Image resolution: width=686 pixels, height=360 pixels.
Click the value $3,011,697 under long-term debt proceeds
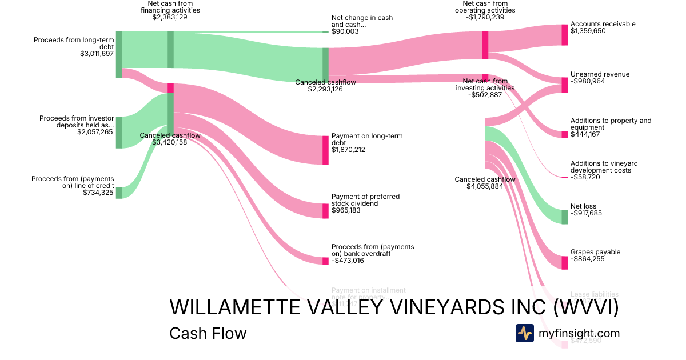tap(97, 54)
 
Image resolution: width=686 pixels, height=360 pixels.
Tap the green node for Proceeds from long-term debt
tap(119, 54)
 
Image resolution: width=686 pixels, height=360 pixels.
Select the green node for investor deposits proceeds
tap(119, 132)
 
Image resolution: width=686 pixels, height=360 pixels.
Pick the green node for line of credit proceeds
tap(119, 193)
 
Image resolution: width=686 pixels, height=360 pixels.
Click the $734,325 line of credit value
tap(97, 193)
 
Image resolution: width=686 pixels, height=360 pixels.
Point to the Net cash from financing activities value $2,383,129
tap(170, 17)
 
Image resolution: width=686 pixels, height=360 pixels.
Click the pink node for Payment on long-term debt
tap(325, 150)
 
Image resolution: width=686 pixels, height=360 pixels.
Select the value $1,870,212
tap(348, 150)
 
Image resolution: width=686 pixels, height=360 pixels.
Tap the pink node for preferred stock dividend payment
tap(325, 210)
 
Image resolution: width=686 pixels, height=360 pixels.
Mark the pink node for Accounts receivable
tap(564, 34)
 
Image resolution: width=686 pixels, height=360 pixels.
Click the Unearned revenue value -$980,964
tap(592, 81)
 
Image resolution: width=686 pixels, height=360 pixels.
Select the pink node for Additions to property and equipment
tap(564, 135)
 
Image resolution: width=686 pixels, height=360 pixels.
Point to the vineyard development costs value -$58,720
tap(589, 177)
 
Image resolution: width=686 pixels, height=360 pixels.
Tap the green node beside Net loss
tap(564, 217)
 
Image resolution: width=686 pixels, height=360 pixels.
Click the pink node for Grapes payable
tap(564, 262)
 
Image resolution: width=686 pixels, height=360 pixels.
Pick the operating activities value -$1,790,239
tap(485, 17)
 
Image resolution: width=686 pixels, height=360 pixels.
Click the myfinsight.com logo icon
tap(524, 333)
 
